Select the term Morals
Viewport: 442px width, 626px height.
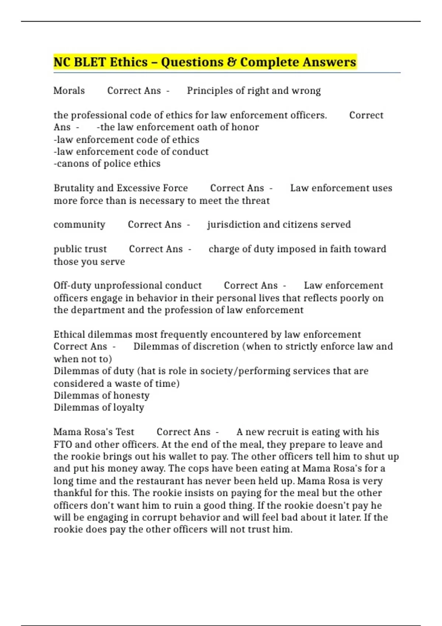pyautogui.click(x=69, y=91)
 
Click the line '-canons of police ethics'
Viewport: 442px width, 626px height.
pyautogui.click(x=107, y=163)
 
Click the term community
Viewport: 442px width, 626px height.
pyautogui.click(x=79, y=225)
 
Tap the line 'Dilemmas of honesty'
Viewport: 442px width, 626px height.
pyautogui.click(x=101, y=395)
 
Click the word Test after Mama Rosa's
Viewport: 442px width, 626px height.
pyautogui.click(x=125, y=432)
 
